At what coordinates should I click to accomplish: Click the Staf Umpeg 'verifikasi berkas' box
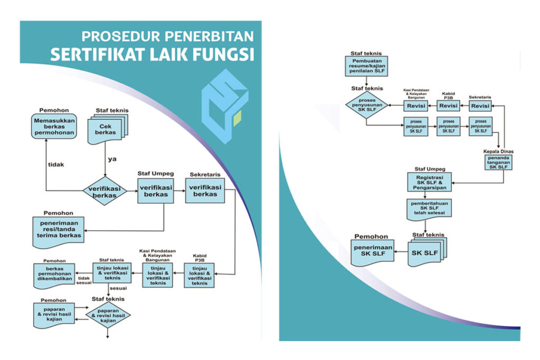click(157, 190)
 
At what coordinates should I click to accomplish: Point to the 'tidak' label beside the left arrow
click(56, 164)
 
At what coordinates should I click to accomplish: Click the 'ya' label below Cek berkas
click(111, 159)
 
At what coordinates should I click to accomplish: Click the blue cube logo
click(224, 106)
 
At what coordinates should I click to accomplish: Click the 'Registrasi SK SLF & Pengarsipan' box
click(428, 182)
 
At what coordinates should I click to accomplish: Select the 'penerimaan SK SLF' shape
click(372, 250)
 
